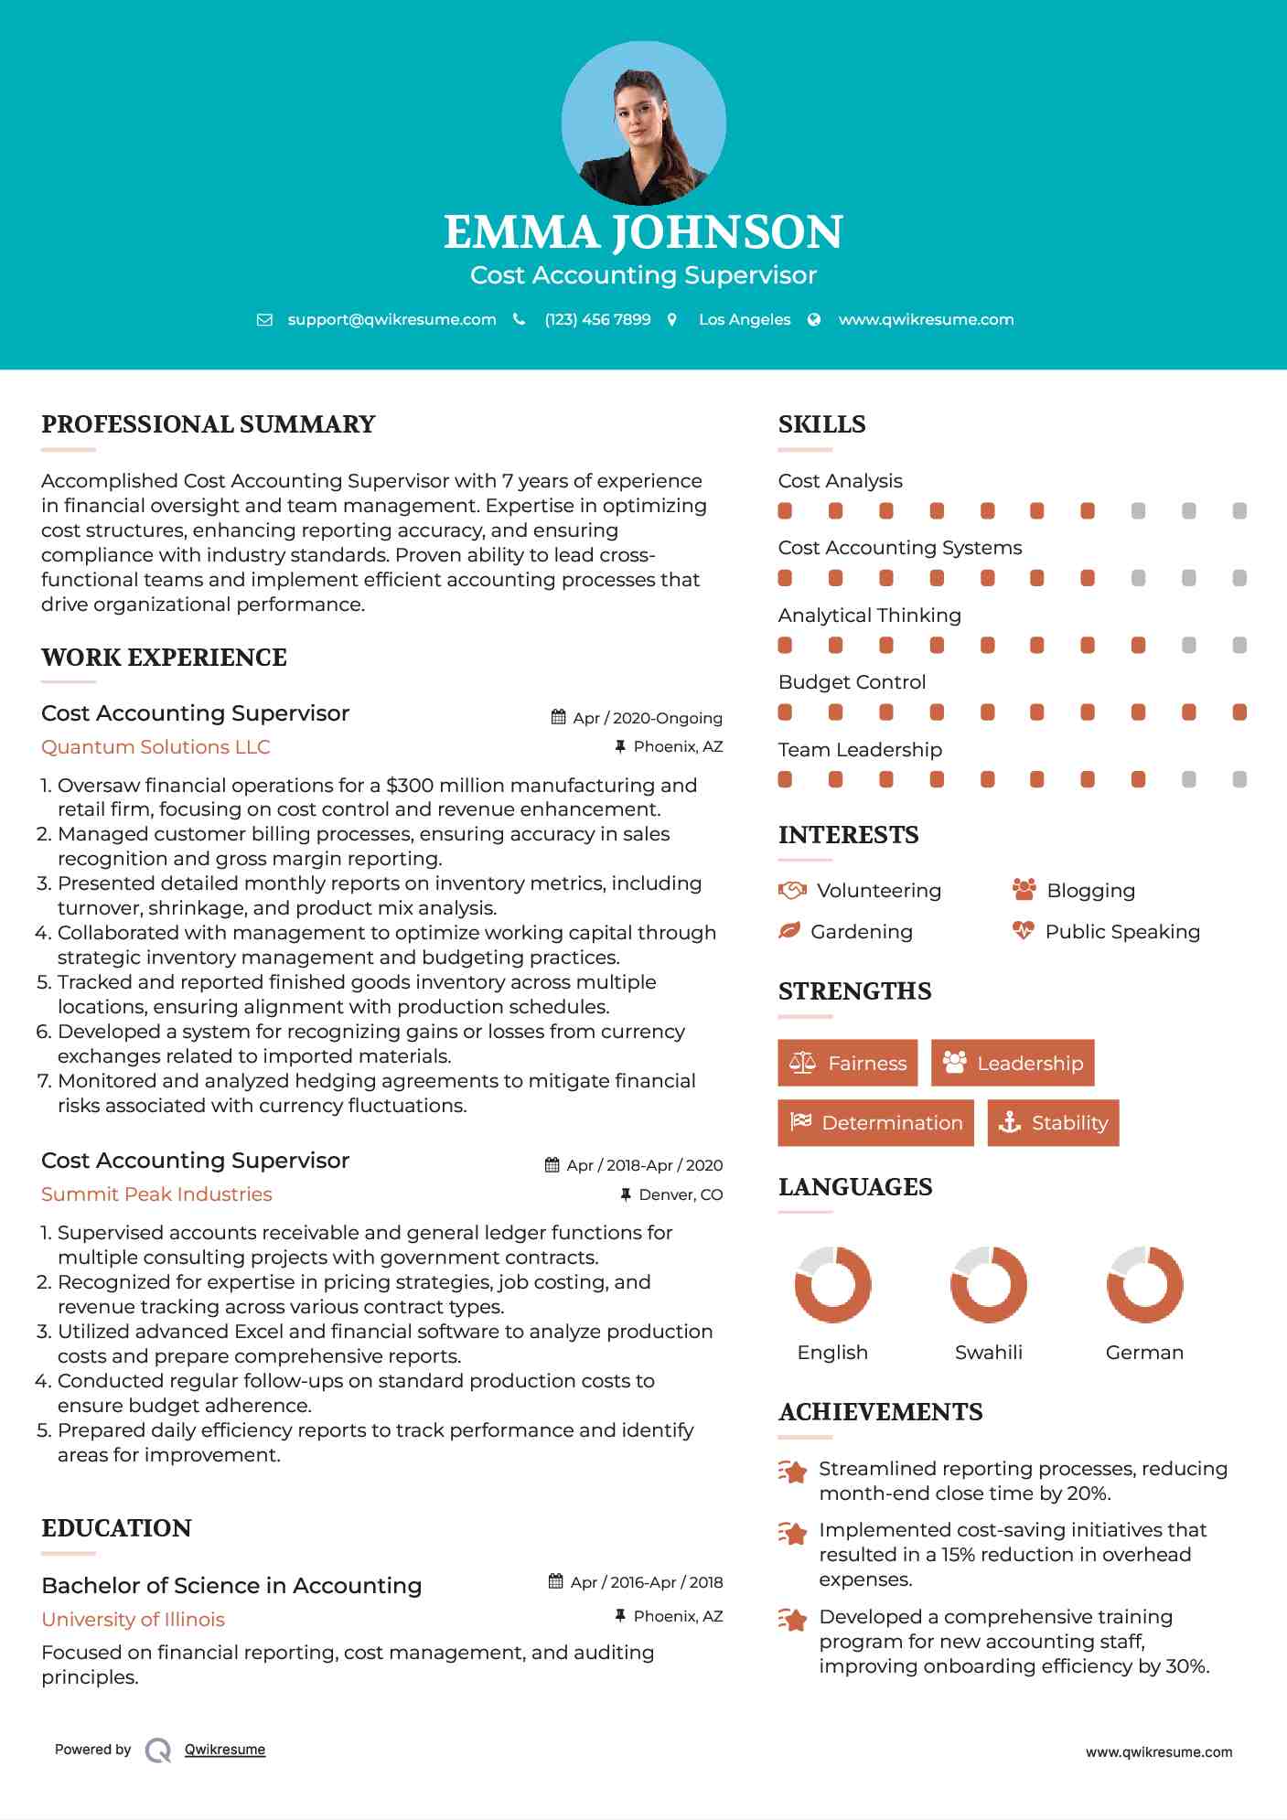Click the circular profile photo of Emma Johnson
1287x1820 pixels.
click(643, 123)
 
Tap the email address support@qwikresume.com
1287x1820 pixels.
click(391, 319)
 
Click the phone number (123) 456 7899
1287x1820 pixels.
click(597, 319)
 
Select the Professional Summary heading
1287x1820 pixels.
click(209, 424)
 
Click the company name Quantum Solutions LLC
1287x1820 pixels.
click(156, 747)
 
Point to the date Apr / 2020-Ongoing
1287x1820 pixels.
click(647, 718)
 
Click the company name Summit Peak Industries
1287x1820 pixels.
click(156, 1194)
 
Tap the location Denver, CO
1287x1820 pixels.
click(681, 1194)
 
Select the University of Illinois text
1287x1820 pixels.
click(133, 1620)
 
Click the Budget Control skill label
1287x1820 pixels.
click(852, 682)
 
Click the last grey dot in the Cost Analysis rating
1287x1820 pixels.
click(1239, 511)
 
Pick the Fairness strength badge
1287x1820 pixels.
click(847, 1063)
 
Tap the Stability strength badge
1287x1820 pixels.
click(1053, 1123)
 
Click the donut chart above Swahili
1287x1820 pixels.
click(988, 1284)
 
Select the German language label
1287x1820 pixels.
click(1144, 1353)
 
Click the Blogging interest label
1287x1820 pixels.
click(1090, 891)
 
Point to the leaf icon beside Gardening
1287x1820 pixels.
click(788, 931)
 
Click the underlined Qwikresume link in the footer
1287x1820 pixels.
click(225, 1750)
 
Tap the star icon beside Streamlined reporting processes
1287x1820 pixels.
click(792, 1472)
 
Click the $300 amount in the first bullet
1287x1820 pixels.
click(406, 786)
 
